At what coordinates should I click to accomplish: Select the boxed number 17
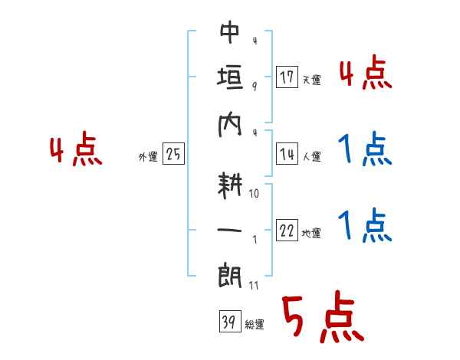pos(287,77)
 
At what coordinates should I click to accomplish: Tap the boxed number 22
pos(287,232)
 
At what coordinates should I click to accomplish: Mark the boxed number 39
pos(227,322)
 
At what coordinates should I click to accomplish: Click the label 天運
pos(311,80)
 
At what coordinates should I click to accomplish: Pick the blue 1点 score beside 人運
pos(365,150)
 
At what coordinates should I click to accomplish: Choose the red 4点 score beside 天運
pos(365,74)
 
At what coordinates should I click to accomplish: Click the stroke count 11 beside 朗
pos(255,286)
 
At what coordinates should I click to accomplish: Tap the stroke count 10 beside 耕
pos(255,194)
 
